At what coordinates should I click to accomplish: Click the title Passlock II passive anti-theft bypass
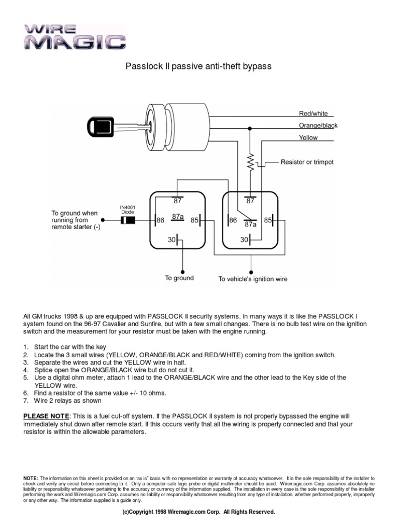(199, 66)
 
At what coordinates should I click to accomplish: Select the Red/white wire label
(313, 114)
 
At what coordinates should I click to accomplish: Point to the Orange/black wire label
(318, 125)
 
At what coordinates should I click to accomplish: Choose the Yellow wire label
(308, 137)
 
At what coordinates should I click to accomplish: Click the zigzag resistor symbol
(250, 162)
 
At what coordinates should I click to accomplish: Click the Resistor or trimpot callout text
(307, 162)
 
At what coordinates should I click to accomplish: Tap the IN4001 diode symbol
(127, 220)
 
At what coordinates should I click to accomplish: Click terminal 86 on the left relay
(160, 220)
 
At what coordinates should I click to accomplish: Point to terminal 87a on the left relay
(178, 217)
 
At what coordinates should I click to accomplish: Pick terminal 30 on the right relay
(244, 240)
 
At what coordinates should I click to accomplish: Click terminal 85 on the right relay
(268, 220)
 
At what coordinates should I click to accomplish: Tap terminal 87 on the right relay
(250, 201)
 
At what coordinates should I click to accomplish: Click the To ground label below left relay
(179, 278)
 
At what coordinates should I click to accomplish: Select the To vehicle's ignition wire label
(252, 279)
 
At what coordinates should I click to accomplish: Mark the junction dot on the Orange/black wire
(250, 128)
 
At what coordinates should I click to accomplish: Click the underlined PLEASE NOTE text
(46, 416)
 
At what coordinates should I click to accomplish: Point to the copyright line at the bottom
(198, 512)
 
